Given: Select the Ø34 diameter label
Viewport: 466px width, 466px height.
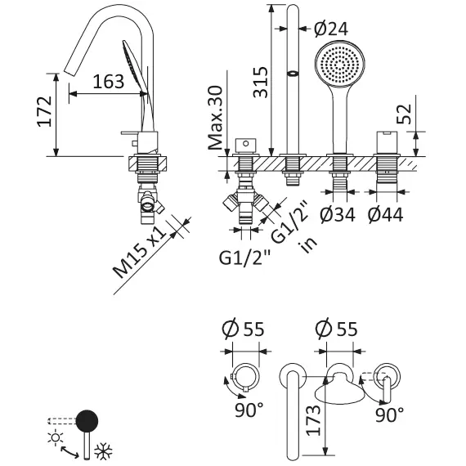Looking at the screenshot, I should click(x=337, y=215).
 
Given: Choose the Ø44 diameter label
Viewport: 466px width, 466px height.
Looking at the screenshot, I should click(x=385, y=215).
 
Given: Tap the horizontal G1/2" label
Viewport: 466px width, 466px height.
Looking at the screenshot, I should click(x=244, y=259).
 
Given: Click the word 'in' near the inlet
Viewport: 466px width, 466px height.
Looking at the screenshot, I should click(x=308, y=244).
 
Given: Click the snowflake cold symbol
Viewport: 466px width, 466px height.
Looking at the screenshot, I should click(x=103, y=452).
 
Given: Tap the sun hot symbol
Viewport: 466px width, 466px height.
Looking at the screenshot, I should click(x=56, y=438).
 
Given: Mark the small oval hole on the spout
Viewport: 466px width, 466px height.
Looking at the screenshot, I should click(x=292, y=75).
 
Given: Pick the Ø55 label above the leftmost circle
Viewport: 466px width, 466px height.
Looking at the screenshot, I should click(x=243, y=329).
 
